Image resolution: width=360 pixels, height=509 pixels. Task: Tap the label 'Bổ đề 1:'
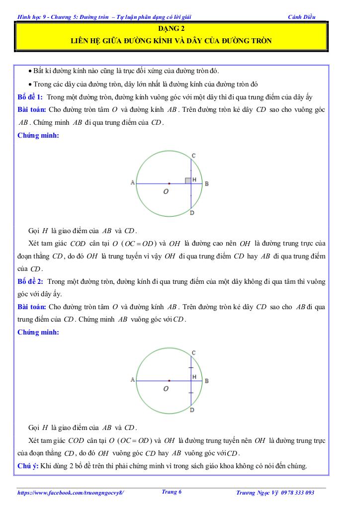tap(30, 96)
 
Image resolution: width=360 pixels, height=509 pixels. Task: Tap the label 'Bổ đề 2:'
tap(30, 281)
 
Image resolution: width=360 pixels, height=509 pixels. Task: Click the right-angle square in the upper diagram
tap(188, 180)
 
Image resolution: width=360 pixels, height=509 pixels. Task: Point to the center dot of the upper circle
tap(169, 183)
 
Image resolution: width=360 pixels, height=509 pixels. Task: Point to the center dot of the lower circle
tap(169, 380)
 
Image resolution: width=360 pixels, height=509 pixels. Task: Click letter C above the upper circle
tap(193, 156)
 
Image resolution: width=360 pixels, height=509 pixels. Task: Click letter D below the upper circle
tap(192, 213)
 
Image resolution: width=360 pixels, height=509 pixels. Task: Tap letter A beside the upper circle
tap(132, 183)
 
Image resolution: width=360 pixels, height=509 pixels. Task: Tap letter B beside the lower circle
tap(206, 381)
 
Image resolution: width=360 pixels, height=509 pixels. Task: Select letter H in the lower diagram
tap(194, 377)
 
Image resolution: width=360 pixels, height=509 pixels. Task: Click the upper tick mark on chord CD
tap(191, 367)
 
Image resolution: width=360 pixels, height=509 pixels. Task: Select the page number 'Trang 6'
tap(172, 492)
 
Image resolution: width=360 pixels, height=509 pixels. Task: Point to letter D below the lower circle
tap(192, 410)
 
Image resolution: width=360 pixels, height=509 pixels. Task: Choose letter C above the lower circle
tap(193, 352)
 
